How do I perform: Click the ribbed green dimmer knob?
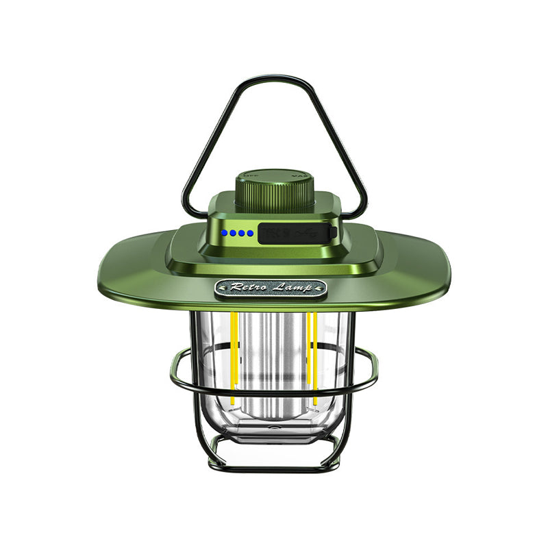pyautogui.click(x=274, y=190)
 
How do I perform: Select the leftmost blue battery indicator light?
pyautogui.click(x=224, y=234)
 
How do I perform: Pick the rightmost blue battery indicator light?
pyautogui.click(x=251, y=234)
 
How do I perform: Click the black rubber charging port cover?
pyautogui.click(x=296, y=234)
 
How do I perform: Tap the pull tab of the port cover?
pyautogui.click(x=333, y=234)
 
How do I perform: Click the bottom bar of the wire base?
pyautogui.click(x=274, y=469)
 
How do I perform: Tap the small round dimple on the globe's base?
pyautogui.click(x=274, y=426)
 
